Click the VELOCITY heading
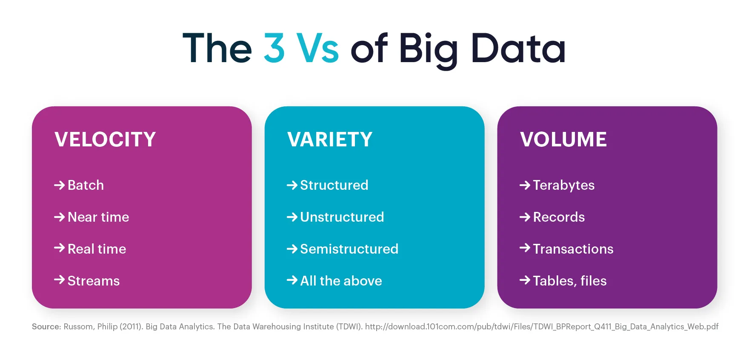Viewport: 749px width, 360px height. click(105, 140)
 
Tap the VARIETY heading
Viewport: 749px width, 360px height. click(330, 140)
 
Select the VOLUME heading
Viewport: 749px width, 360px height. click(563, 140)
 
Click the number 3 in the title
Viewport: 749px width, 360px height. click(274, 49)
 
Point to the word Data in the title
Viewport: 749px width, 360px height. click(518, 49)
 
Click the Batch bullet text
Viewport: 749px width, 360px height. click(86, 185)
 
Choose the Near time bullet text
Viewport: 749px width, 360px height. click(98, 217)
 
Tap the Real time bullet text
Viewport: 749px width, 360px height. click(97, 249)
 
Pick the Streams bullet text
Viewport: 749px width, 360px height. click(94, 281)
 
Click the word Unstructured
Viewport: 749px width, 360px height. click(342, 217)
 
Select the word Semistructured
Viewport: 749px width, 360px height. click(349, 249)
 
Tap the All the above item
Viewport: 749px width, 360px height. click(341, 281)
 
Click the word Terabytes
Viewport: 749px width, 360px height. click(564, 186)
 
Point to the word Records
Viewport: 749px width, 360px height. click(559, 217)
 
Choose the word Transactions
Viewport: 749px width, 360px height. click(573, 249)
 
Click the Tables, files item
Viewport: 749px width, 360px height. click(570, 281)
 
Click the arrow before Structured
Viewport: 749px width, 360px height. click(292, 185)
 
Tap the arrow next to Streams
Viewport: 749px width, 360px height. click(59, 280)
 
